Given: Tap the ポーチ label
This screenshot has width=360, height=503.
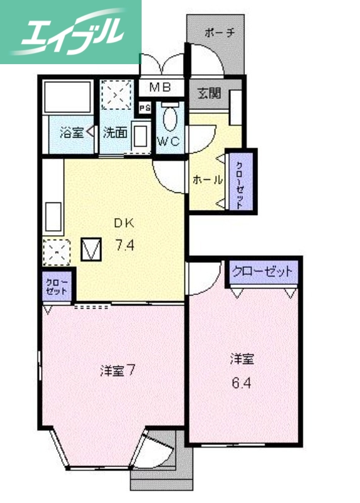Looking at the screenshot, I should pyautogui.click(x=220, y=33).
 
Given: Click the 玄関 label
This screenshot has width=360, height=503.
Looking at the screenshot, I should pyautogui.click(x=210, y=94).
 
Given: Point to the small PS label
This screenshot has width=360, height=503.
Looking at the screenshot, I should pyautogui.click(x=145, y=108).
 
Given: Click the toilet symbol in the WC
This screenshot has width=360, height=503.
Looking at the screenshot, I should pyautogui.click(x=169, y=117).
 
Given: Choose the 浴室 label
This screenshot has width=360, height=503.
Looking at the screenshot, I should pyautogui.click(x=71, y=133).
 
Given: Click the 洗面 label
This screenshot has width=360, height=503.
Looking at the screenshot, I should pyautogui.click(x=116, y=133).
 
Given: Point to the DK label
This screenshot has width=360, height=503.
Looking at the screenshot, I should pyautogui.click(x=123, y=222).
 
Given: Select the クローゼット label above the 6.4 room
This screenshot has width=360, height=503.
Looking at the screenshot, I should pyautogui.click(x=262, y=272).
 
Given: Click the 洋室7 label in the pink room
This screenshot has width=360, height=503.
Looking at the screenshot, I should pyautogui.click(x=118, y=370).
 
